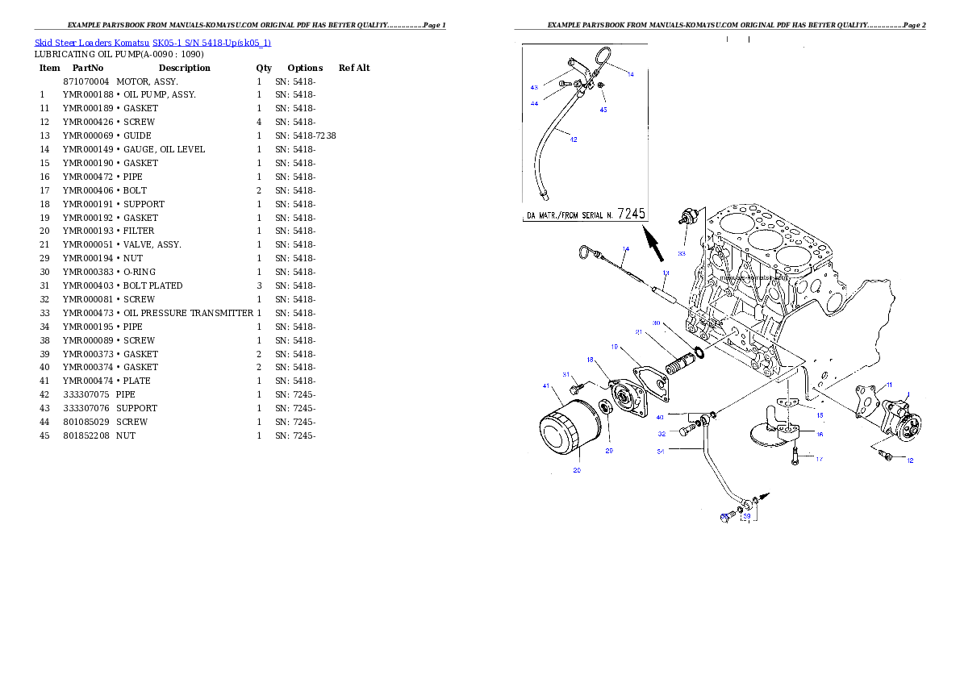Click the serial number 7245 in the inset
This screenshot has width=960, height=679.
point(632,214)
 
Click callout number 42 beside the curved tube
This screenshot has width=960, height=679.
point(574,140)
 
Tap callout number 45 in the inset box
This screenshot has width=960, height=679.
point(603,109)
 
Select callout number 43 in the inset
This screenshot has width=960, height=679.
point(534,87)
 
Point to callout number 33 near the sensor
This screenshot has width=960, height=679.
point(682,253)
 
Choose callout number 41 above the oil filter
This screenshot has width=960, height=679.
point(546,386)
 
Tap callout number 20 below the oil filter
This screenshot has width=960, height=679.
point(577,470)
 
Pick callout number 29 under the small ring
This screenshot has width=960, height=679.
point(609,451)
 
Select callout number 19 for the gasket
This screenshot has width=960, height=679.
point(614,347)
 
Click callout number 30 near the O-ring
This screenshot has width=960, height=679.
point(657,323)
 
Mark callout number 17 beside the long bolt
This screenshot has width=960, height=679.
point(819,460)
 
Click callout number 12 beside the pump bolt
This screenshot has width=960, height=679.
point(910,460)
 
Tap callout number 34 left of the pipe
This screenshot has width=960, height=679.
point(660,451)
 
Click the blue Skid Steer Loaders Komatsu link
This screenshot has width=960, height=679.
point(152,42)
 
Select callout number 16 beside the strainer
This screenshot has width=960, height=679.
point(819,434)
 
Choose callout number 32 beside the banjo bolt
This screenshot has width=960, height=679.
point(661,434)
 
